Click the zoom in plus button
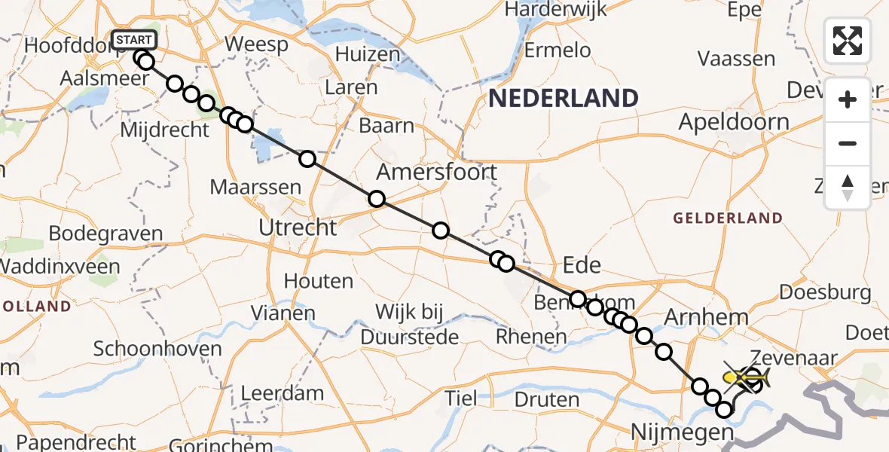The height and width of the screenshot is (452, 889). click(848, 99)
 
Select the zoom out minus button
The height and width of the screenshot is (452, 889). click(848, 143)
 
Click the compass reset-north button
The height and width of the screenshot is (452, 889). click(848, 188)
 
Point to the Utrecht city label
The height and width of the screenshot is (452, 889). click(298, 227)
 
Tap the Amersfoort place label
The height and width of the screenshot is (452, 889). click(437, 173)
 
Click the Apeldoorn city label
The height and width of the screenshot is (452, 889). click(735, 122)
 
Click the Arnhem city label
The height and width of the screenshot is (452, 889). click(705, 318)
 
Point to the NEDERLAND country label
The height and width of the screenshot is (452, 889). click(564, 98)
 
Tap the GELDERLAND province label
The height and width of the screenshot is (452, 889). click(728, 218)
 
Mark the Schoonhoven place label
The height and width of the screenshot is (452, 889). click(157, 349)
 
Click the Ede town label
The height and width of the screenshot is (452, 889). click(582, 264)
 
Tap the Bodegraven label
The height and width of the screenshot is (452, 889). click(105, 234)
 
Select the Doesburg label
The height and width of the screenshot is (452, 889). click(826, 292)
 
